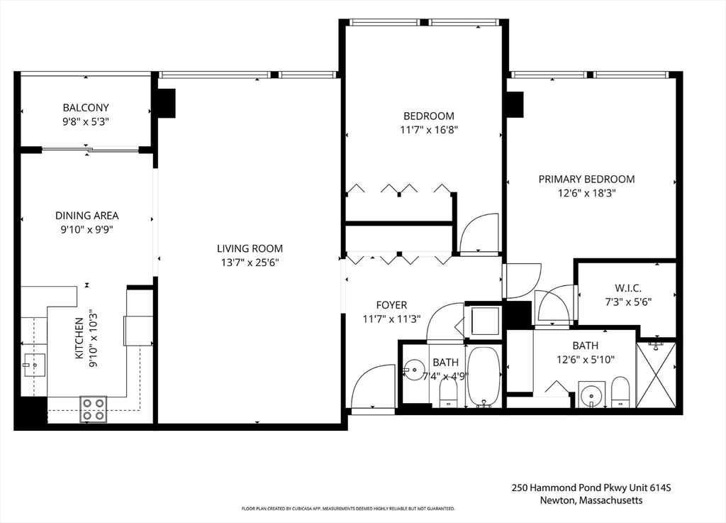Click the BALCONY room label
pos(86,108)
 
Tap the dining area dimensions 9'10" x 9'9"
pos(86,229)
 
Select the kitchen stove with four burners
pos(93,409)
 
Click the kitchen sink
pos(33,365)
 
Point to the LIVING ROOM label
pos(250,248)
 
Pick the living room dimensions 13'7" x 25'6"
pos(250,262)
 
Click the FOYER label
pos(391,305)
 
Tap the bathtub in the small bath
pos(484,376)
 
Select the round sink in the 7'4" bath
pos(413,370)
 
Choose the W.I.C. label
pos(628,287)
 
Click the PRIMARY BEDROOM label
pos(586,179)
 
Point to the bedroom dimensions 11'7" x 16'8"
pos(428,130)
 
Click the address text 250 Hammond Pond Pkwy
pos(591,488)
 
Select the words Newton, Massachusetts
pos(590,500)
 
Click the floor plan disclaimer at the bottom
pos(348,509)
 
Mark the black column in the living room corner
pos(165,103)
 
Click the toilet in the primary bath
pos(620,392)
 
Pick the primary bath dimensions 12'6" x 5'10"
pos(585,359)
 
